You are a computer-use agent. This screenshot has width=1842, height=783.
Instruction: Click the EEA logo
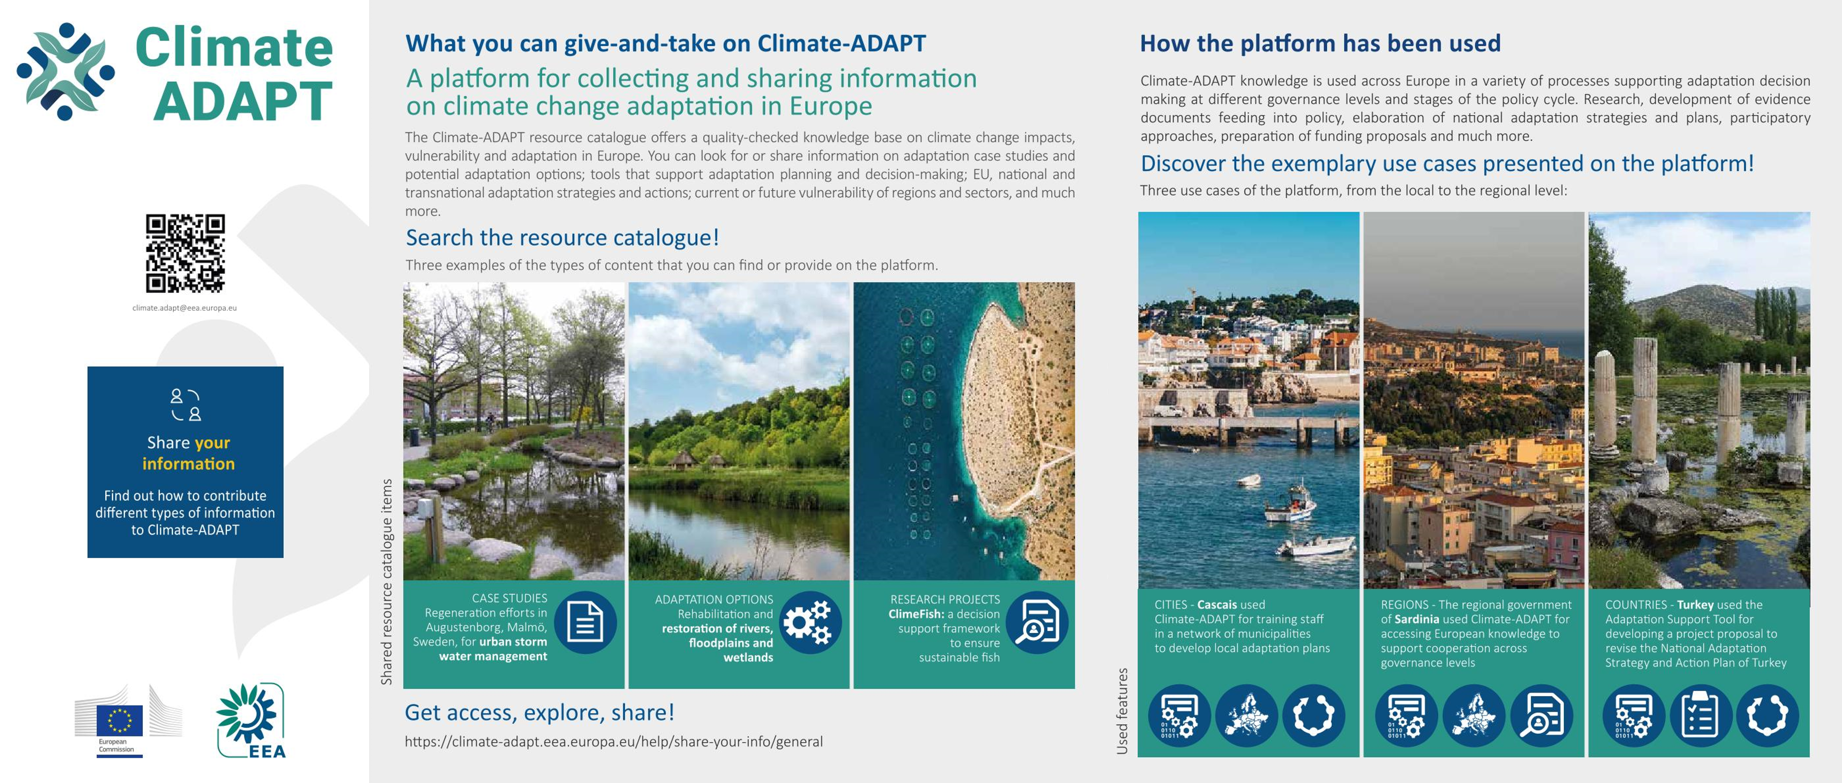[251, 721]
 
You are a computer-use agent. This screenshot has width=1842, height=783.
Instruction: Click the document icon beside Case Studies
[585, 622]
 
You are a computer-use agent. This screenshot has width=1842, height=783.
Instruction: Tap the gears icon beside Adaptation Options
[809, 622]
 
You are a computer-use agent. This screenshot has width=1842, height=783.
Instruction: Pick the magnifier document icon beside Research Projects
[1036, 622]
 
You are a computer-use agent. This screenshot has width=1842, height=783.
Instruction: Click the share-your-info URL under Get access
[614, 742]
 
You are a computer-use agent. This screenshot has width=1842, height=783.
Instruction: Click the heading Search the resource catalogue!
[562, 238]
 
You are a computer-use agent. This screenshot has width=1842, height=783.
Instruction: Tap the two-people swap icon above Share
[185, 405]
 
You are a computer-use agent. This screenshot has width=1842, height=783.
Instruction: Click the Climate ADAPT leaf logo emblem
[66, 72]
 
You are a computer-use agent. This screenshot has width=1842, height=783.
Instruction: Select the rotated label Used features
[1122, 711]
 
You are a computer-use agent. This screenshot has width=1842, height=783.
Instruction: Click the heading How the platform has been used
[1320, 43]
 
